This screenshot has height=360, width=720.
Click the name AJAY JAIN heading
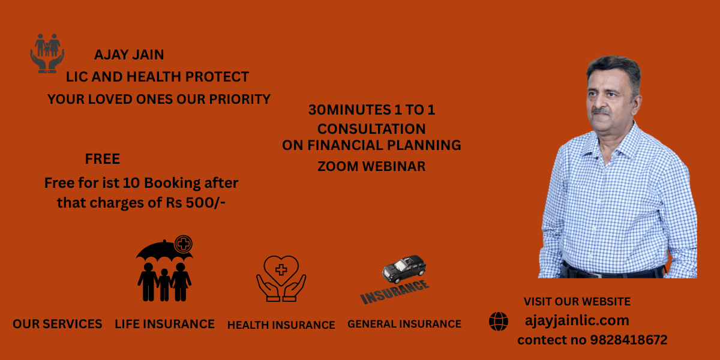pos(129,55)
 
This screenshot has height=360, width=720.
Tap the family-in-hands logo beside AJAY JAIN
pos(47,53)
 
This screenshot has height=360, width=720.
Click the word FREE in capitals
pos(103,159)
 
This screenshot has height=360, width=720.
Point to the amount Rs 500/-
pos(196,203)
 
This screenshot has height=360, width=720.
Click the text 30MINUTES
pos(349,110)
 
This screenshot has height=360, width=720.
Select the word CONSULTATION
pos(371,129)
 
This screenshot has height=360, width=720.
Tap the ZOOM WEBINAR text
pos(371,167)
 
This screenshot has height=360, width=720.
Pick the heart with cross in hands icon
pos(281,278)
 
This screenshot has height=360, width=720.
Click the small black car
pos(404,269)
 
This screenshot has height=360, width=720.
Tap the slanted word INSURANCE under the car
pos(395,292)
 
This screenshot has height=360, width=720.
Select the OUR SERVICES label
pos(58,324)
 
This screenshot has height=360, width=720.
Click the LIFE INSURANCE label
pos(164,324)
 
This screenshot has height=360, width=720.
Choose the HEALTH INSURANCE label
pos(281,325)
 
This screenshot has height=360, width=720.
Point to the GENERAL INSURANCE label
pos(404,324)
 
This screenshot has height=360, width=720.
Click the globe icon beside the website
pos(499,322)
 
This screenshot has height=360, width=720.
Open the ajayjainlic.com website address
pos(577,321)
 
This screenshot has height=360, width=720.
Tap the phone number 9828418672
pos(629,340)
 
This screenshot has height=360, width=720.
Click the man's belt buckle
pos(597,275)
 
